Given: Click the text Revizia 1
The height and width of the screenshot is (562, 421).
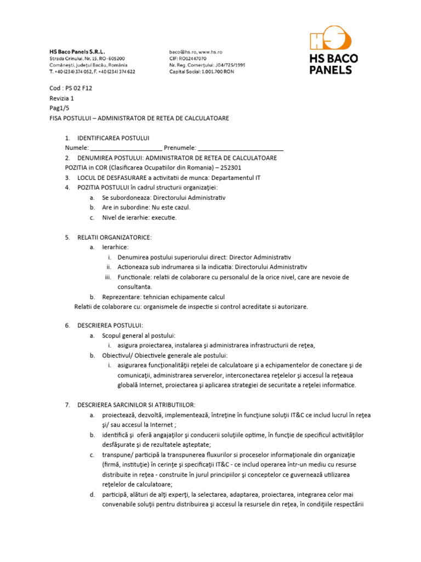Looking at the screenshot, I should click(62, 98).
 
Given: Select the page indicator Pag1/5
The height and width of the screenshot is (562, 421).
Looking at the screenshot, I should click(59, 108).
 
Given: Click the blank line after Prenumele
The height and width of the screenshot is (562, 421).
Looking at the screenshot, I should click(240, 148).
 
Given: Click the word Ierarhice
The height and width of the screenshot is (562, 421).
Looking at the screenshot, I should click(115, 247).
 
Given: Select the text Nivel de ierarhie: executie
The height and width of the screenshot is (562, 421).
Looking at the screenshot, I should click(139, 217).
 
